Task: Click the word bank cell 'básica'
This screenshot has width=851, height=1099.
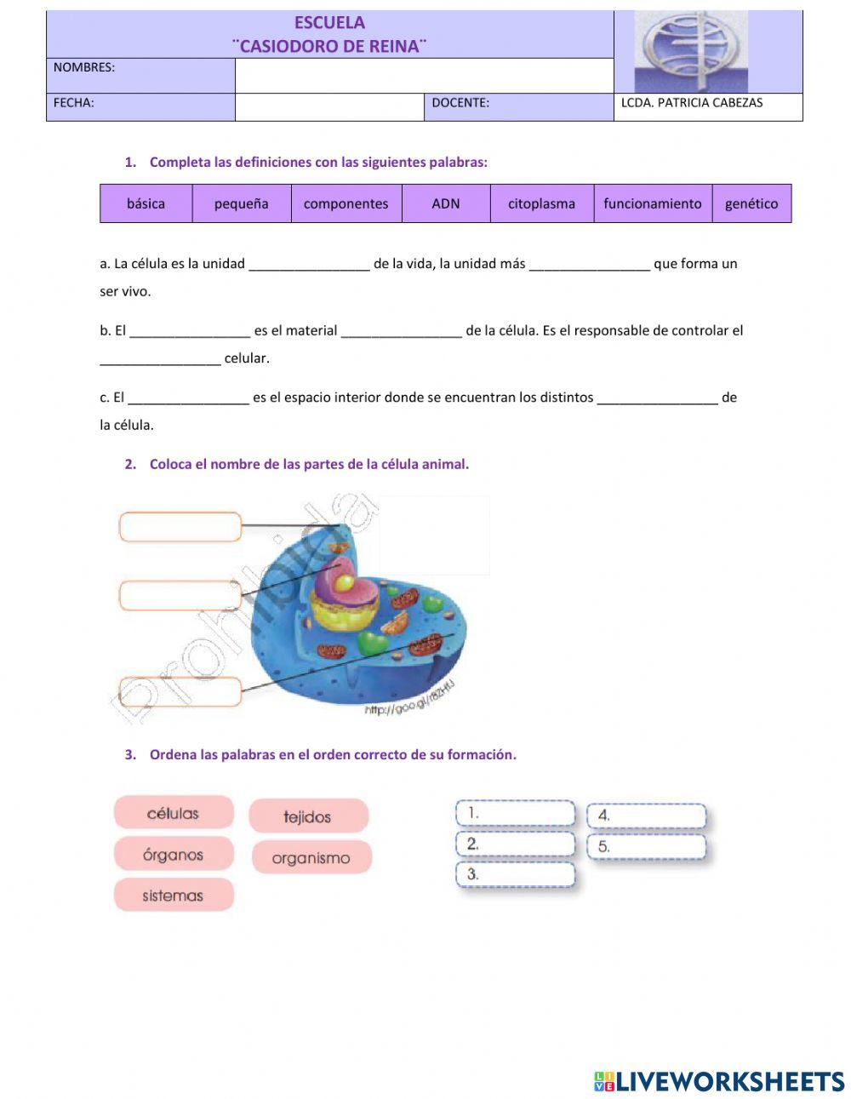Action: [x=146, y=203]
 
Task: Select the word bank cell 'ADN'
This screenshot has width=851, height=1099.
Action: [x=445, y=203]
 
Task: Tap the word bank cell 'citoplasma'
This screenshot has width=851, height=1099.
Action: [x=541, y=203]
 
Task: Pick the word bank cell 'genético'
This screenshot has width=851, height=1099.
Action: [x=751, y=203]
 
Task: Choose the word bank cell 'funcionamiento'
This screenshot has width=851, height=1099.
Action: [x=652, y=203]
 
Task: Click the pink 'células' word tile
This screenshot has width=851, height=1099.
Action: [x=174, y=813]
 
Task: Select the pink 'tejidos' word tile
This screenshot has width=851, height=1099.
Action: [x=308, y=816]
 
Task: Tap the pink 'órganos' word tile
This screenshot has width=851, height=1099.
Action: [x=174, y=855]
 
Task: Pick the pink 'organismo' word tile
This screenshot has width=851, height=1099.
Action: [x=311, y=857]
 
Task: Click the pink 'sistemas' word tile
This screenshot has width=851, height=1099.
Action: [x=174, y=896]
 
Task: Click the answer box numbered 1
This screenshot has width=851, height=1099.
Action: [x=516, y=814]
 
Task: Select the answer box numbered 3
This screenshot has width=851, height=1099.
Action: [x=516, y=874]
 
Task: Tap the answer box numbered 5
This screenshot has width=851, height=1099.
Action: [x=647, y=847]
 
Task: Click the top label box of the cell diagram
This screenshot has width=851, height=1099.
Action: [x=180, y=527]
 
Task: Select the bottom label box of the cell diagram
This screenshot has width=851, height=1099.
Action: [x=180, y=691]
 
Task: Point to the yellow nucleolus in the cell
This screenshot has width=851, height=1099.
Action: [x=346, y=582]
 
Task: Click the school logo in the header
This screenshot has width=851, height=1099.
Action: [x=691, y=52]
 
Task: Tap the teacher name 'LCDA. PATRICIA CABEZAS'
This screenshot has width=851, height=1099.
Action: [x=692, y=103]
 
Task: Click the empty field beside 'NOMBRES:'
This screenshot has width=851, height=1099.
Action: [x=424, y=76]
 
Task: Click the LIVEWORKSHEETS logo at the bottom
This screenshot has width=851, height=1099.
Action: [x=719, y=1081]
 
